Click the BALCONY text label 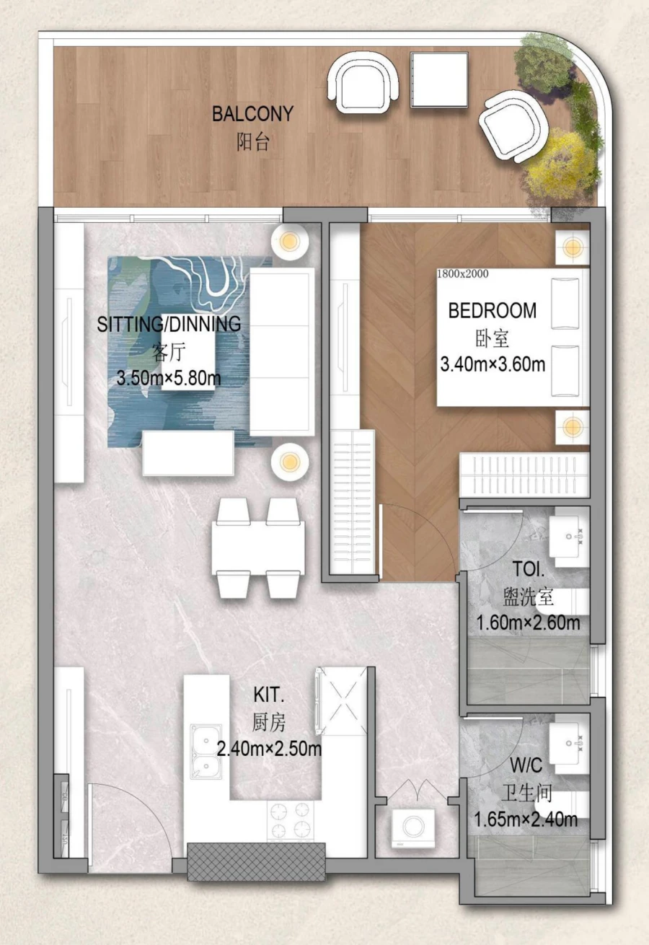pos(252,114)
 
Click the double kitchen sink pos(206,752)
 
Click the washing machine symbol pos(412,827)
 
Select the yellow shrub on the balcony pos(560,164)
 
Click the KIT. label pos(269,695)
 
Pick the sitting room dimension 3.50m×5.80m pos(169,377)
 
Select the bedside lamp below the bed pos(573,426)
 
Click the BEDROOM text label pos(493,311)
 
